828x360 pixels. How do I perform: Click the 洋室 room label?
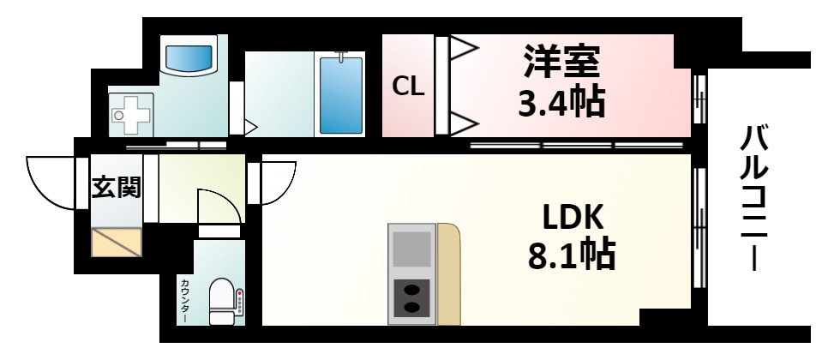pos(563,61)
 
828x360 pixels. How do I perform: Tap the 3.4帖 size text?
pos(561,103)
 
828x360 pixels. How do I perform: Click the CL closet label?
pos(408,86)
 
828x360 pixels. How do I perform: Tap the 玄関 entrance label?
pos(117,186)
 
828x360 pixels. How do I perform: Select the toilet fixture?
pos(222,300)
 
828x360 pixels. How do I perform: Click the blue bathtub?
pos(340,93)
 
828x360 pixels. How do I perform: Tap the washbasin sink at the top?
pos(188,58)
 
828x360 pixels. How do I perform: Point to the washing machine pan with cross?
pos(132,113)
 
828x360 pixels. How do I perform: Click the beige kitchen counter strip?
pos(448,274)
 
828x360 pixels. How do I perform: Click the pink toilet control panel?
pos(241,301)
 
